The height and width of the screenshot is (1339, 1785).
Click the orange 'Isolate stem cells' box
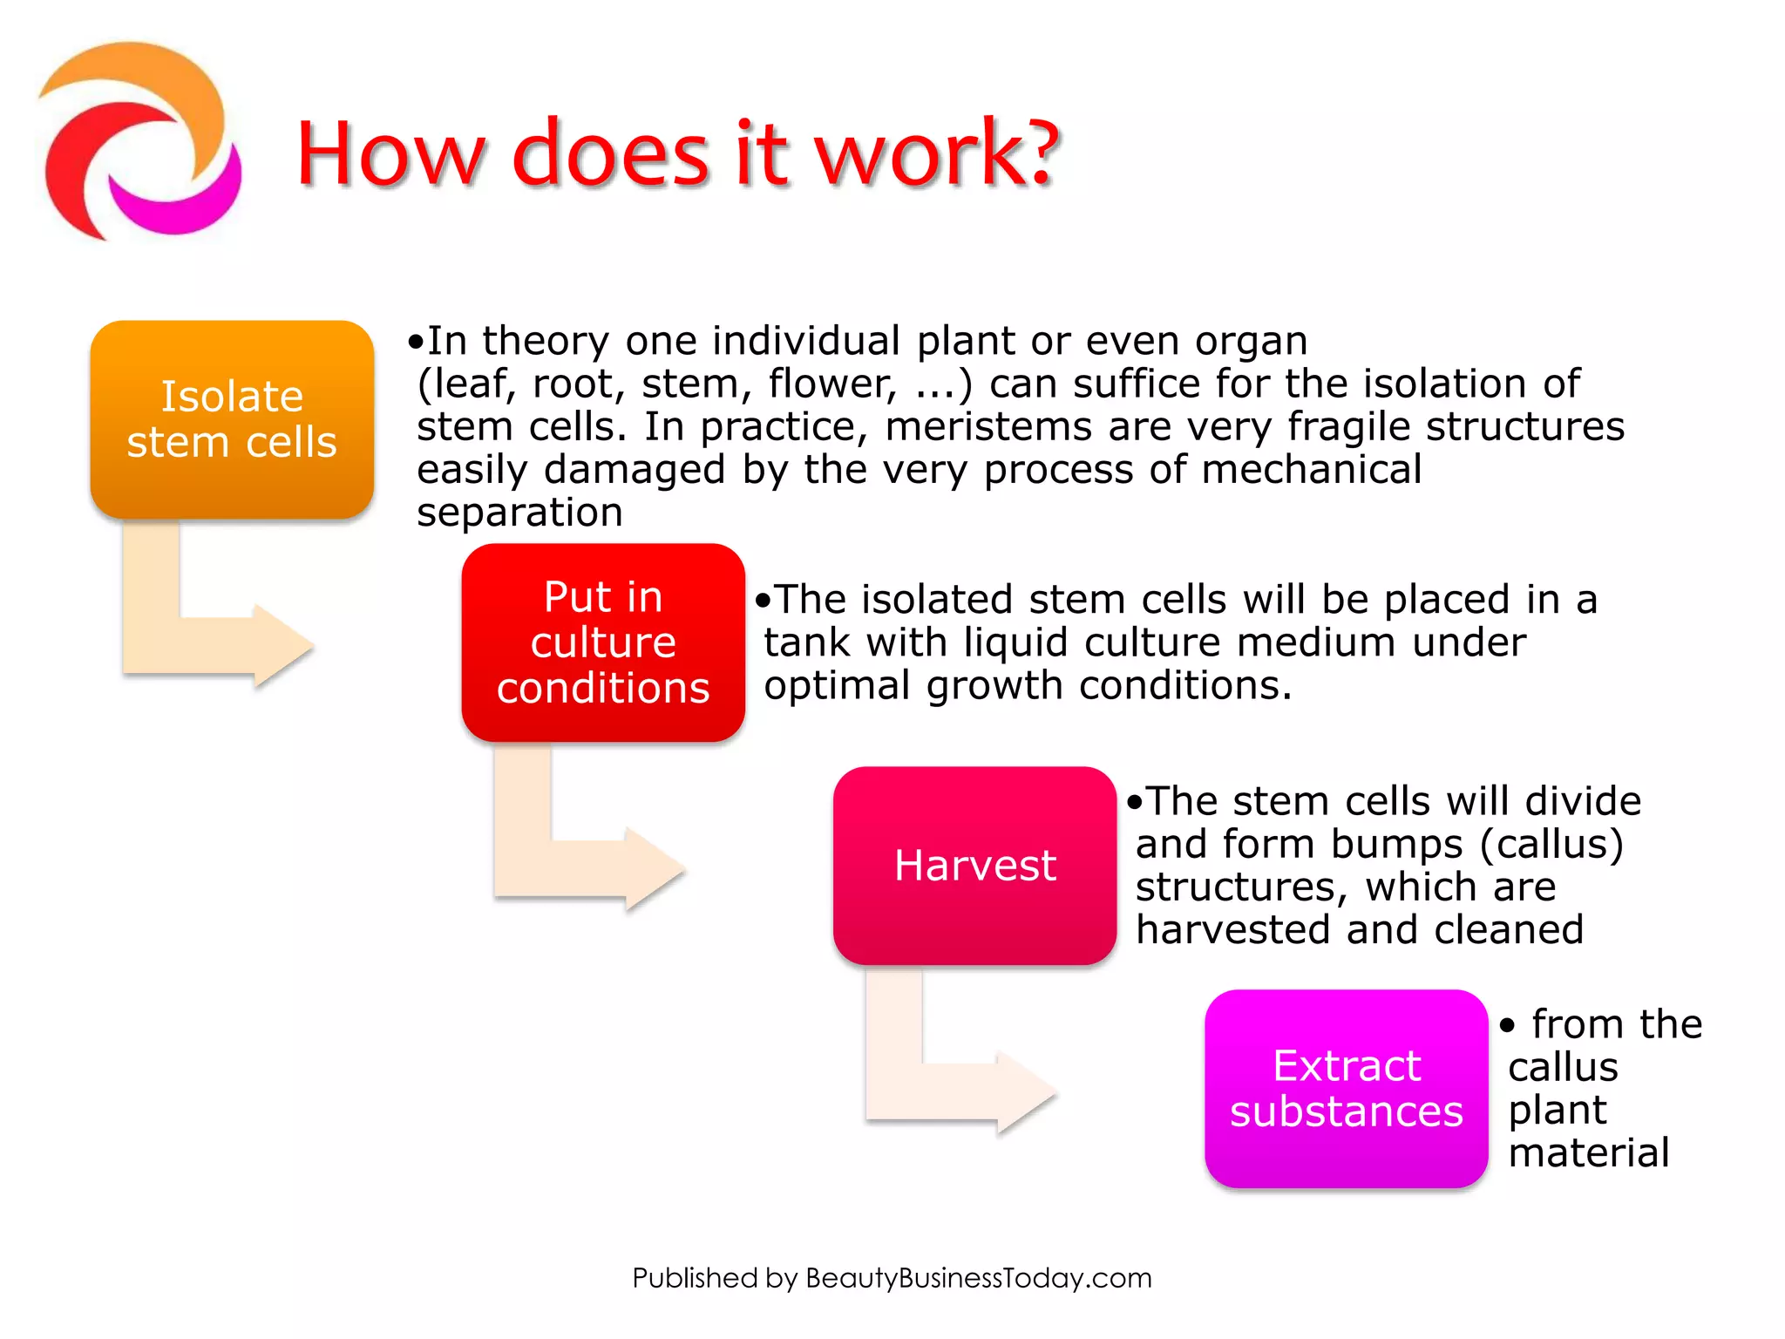[232, 419]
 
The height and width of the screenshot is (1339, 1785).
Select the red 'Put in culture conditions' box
[603, 642]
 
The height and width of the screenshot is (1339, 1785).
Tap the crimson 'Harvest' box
[974, 866]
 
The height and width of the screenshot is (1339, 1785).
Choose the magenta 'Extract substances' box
[1346, 1089]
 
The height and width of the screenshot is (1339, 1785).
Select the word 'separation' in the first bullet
[519, 513]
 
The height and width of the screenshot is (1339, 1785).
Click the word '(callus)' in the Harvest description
[1551, 844]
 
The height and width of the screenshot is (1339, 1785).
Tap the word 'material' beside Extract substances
[1588, 1152]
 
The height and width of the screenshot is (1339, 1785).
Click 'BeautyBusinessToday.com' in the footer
[978, 1278]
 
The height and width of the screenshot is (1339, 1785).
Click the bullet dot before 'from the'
[1508, 1026]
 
